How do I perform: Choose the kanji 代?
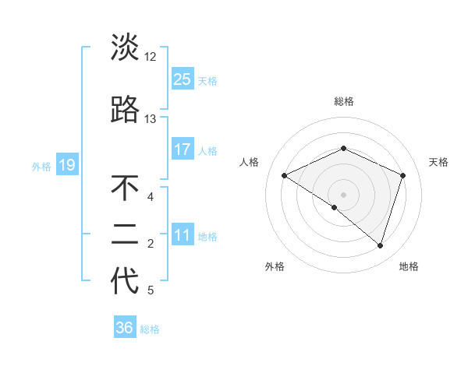125,281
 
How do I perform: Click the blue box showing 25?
182,79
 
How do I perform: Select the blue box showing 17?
182,149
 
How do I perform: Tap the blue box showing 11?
182,235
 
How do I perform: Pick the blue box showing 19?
66,165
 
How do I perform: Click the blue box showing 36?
125,328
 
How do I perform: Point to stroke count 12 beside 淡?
150,57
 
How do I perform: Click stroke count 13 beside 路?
150,119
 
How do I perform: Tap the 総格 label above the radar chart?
343,101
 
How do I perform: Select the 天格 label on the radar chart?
439,162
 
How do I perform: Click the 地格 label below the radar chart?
409,266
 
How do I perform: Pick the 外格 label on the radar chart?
275,266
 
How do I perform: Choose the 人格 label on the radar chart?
249,162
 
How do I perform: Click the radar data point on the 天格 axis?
403,175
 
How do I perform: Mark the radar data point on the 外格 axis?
335,207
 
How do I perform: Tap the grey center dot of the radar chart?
343,194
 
